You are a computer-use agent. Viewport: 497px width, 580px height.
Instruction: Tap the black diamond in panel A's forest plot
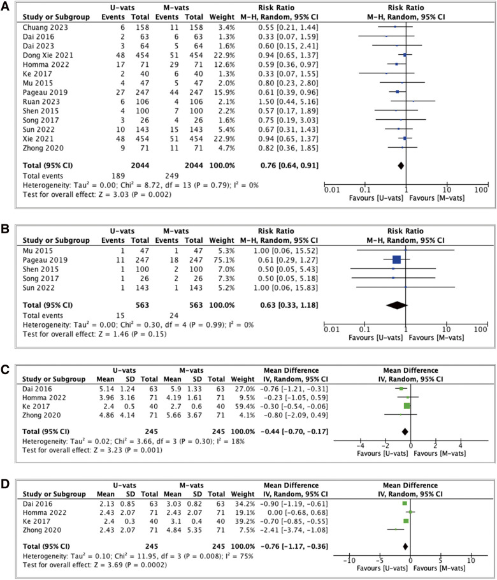(x=401, y=164)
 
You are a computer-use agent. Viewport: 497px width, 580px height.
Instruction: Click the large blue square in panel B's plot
(x=396, y=259)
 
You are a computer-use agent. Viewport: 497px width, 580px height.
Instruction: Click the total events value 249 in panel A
(x=169, y=173)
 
